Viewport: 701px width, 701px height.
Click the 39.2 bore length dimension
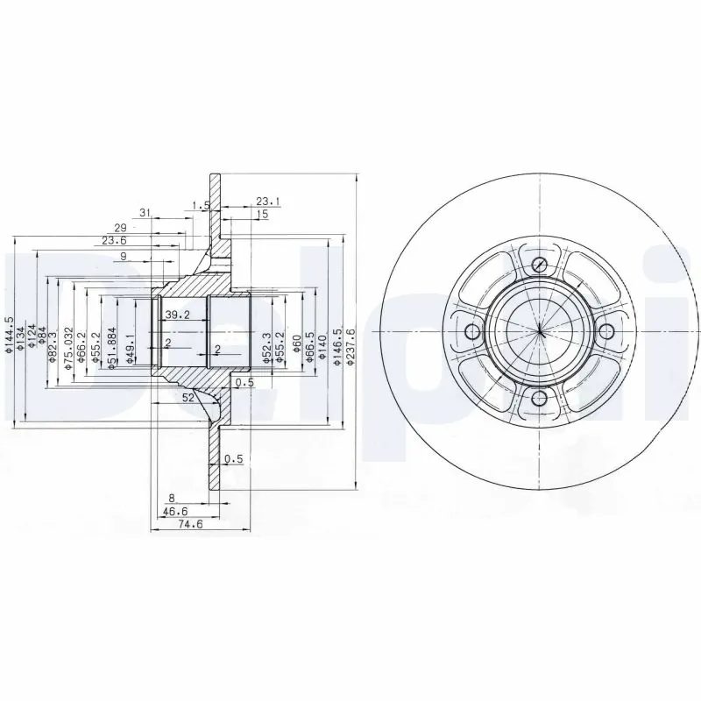tap(177, 315)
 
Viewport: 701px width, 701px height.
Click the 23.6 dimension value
tap(113, 240)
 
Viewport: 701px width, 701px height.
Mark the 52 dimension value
tap(188, 397)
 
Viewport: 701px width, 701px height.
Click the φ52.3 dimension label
tap(266, 346)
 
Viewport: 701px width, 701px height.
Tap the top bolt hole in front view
tap(540, 265)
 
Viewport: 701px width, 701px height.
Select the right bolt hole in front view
tap(606, 331)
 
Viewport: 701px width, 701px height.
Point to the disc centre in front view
tap(540, 331)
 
